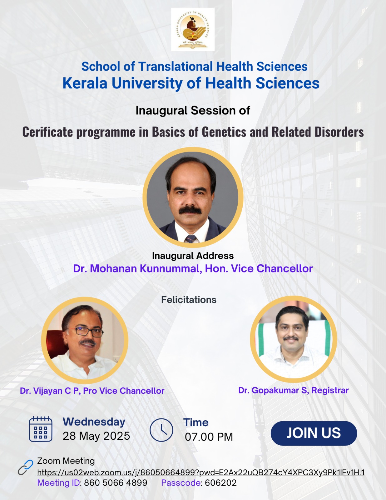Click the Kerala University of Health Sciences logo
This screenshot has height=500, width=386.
193,29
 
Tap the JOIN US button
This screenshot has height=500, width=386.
314,433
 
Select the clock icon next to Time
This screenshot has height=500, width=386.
161,430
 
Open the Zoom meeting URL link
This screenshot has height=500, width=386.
201,472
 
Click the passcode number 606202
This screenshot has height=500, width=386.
221,483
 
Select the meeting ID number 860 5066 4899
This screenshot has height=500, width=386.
116,483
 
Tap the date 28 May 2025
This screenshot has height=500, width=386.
96,436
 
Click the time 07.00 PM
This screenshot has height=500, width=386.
209,437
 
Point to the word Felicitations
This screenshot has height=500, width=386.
189,300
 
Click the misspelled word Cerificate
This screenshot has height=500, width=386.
47,132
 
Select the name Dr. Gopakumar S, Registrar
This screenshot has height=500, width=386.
293,390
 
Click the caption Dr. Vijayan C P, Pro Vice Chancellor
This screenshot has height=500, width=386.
92,391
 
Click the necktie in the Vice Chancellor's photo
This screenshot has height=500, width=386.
191,239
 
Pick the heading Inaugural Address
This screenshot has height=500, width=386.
193,256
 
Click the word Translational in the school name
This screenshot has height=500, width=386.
176,67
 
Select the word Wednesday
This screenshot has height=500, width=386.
94,422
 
